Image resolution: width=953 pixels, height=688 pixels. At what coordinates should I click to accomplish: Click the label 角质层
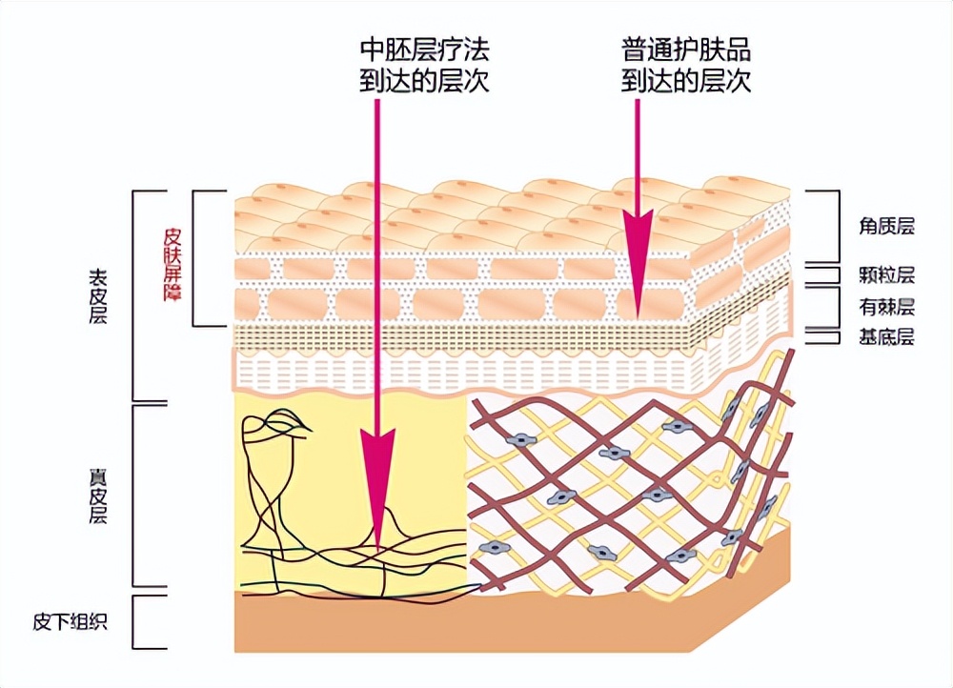pyautogui.click(x=886, y=226)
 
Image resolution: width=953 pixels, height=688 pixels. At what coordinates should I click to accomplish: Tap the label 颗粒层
pyautogui.click(x=886, y=275)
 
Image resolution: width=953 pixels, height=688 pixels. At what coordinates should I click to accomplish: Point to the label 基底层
pyautogui.click(x=886, y=336)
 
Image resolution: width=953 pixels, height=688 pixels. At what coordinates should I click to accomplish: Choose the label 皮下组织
pyautogui.click(x=70, y=623)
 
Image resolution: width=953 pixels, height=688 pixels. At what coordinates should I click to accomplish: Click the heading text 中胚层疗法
pyautogui.click(x=425, y=49)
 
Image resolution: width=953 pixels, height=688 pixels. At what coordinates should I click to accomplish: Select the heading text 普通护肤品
pyautogui.click(x=686, y=49)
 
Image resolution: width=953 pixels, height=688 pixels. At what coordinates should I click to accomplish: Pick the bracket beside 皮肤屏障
pyautogui.click(x=196, y=257)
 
